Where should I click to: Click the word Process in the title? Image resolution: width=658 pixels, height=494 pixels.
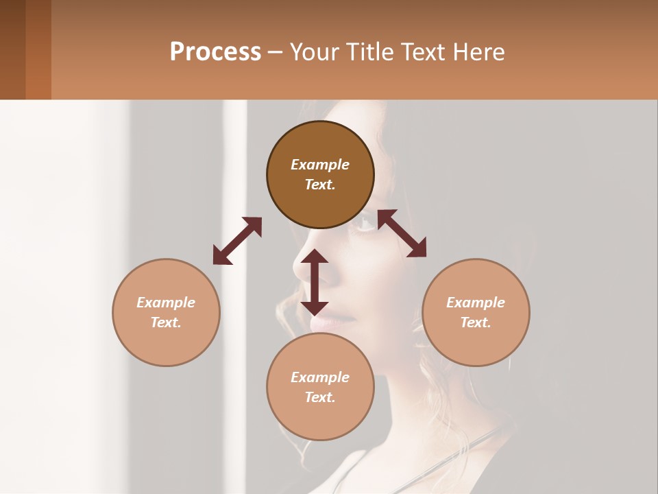[x=215, y=52]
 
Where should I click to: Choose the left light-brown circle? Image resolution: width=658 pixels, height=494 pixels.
[x=166, y=312]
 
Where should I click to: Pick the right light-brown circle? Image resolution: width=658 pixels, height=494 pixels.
[x=476, y=312]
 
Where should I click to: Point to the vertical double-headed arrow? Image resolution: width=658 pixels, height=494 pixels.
[x=315, y=282]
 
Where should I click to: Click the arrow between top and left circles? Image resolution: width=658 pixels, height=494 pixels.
[x=237, y=241]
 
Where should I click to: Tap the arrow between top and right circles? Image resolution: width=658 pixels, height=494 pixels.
[x=402, y=233]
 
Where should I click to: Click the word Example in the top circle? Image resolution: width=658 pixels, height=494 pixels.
[x=320, y=165]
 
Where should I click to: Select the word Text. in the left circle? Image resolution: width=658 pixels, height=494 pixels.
[x=166, y=322]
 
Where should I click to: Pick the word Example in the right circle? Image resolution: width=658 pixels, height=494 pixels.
[x=476, y=303]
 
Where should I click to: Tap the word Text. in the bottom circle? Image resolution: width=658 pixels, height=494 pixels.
[x=320, y=397]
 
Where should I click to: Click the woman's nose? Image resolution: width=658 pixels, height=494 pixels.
[x=302, y=264]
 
